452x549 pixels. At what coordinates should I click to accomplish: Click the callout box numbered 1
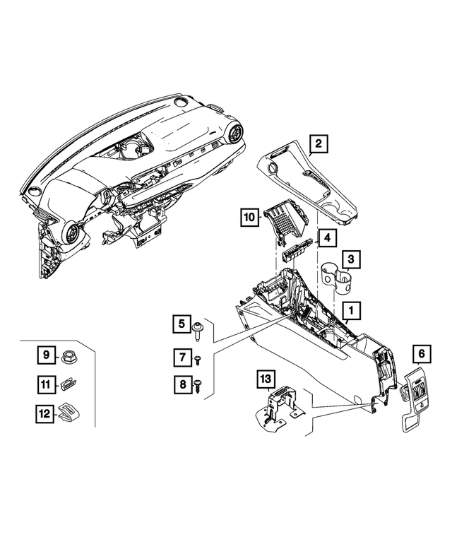pyautogui.click(x=349, y=309)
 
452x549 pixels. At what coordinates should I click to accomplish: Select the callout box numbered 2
pyautogui.click(x=319, y=145)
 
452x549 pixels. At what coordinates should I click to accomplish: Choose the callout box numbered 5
pyautogui.click(x=181, y=324)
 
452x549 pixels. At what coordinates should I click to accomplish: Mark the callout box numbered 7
pyautogui.click(x=181, y=358)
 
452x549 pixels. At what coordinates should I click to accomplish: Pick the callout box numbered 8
pyautogui.click(x=181, y=384)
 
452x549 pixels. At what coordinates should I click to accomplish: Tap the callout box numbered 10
pyautogui.click(x=249, y=218)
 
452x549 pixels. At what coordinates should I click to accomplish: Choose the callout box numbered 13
pyautogui.click(x=266, y=380)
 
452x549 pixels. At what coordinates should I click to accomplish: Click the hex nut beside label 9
pyautogui.click(x=71, y=355)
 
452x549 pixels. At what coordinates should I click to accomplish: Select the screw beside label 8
pyautogui.click(x=201, y=384)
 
